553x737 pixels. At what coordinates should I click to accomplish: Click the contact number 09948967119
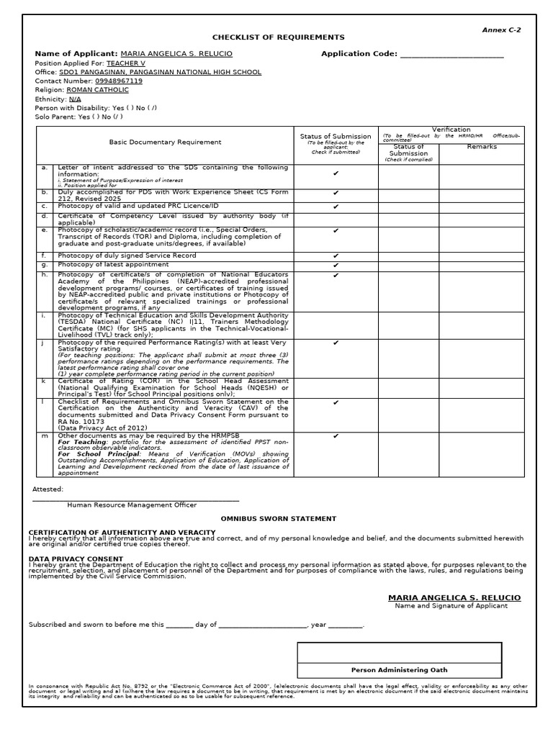pos(115,81)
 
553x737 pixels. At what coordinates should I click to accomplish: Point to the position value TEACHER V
pos(126,63)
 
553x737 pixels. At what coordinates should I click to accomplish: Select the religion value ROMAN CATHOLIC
pos(98,90)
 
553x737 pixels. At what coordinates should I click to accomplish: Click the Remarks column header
pos(482,147)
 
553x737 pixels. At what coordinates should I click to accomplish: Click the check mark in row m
pos(336,435)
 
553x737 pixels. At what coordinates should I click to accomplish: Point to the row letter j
pos(43,343)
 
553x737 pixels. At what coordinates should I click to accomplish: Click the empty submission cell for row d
pos(336,218)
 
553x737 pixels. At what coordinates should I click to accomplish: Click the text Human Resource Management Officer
pos(132,505)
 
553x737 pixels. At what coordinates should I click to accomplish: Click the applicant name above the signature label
pos(454,597)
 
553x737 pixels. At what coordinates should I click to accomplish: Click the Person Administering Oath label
pos(399,670)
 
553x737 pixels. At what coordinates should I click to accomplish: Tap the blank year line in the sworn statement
pos(346,625)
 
